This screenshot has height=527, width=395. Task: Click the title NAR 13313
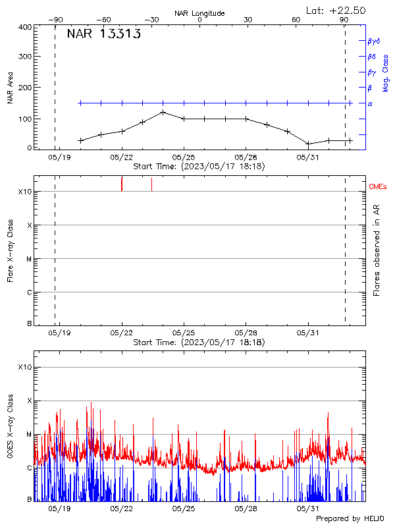[x=103, y=35]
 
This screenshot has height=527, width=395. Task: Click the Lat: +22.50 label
[x=336, y=10]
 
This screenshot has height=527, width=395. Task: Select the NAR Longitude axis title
[x=199, y=13]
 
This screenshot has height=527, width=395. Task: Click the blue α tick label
[x=369, y=103]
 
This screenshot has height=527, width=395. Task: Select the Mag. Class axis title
[x=386, y=72]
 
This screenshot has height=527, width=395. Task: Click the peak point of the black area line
[x=163, y=112]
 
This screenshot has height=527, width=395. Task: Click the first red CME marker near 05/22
[x=122, y=184]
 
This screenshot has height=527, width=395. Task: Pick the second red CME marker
[x=152, y=184]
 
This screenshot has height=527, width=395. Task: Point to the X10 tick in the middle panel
[x=25, y=192]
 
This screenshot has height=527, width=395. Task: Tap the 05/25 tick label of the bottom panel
[x=184, y=509]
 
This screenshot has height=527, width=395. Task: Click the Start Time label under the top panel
[x=199, y=167]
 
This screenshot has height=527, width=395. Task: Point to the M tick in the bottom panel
[x=29, y=435]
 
